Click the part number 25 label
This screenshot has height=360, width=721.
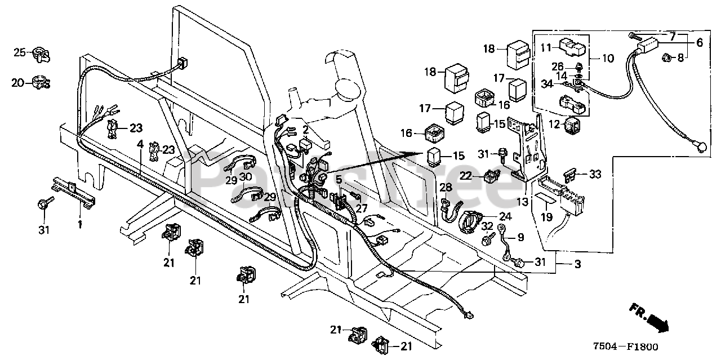coord(20,52)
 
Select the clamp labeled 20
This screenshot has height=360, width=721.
coord(42,82)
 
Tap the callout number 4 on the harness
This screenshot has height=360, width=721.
coord(140,144)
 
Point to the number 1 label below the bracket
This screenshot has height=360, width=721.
coord(80,224)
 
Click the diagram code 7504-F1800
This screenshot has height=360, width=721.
coord(626,346)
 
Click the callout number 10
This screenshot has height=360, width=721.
coord(608,58)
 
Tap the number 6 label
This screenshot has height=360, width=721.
coord(700,43)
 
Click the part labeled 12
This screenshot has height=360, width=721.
coord(572,125)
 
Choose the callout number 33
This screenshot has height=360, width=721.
coord(595,174)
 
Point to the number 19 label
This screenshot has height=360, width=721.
coord(546,217)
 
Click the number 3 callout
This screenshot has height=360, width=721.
coord(578,264)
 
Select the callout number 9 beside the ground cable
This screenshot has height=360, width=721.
coord(521,237)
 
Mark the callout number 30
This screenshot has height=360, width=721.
coord(246,177)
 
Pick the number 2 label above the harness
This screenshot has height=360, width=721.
coord(305,130)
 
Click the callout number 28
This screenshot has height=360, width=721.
coord(446,187)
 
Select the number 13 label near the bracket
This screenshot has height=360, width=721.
coord(523,202)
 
